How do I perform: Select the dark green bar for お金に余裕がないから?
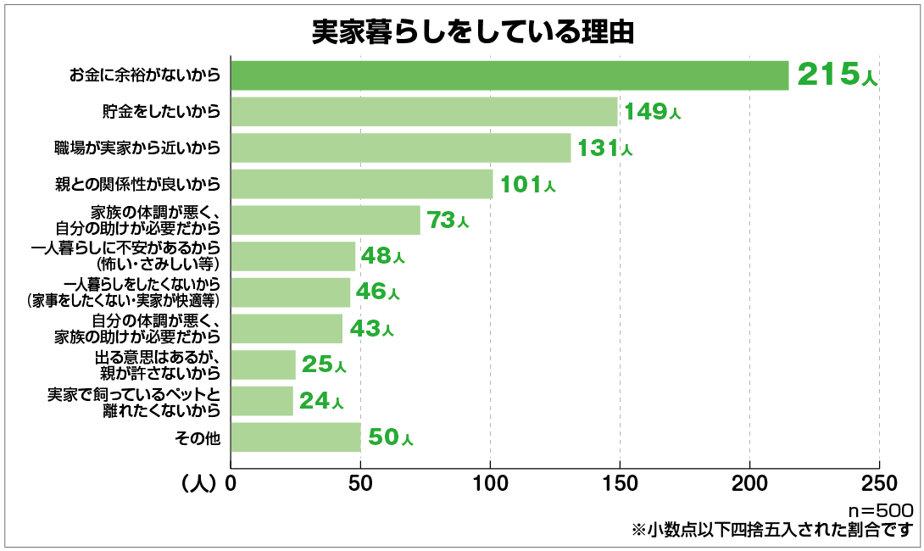pyautogui.click(x=509, y=75)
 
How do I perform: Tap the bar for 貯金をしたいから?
pyautogui.click(x=424, y=112)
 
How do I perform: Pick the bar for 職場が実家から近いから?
pyautogui.click(x=400, y=147)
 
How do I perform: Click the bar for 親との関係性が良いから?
pyautogui.click(x=361, y=184)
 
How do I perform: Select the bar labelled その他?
pyautogui.click(x=295, y=437)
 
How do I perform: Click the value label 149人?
pyautogui.click(x=652, y=112)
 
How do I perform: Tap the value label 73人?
pyautogui.click(x=447, y=220)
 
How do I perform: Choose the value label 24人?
pyautogui.click(x=320, y=401)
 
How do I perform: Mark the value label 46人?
pyautogui.click(x=377, y=292)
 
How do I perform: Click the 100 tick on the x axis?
pyautogui.click(x=490, y=484)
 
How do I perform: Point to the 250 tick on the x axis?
pyautogui.click(x=879, y=484)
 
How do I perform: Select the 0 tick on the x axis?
pyautogui.click(x=231, y=484)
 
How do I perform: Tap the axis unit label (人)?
pyautogui.click(x=199, y=484)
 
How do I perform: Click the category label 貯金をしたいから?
pyautogui.click(x=160, y=112)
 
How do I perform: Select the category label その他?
pyautogui.click(x=198, y=437)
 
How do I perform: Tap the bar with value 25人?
pyautogui.click(x=263, y=365)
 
